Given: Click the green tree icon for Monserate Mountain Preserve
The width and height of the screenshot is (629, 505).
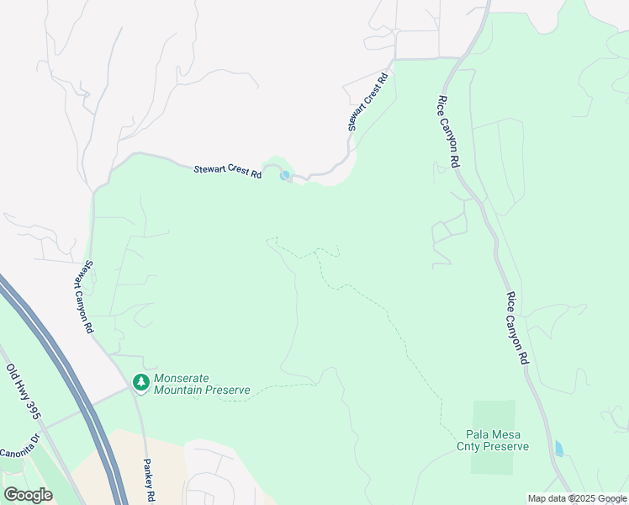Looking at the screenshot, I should (x=140, y=384).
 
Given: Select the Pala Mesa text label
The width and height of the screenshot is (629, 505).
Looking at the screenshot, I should (x=493, y=434).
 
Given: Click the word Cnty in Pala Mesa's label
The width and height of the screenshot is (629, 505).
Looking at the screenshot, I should (x=469, y=446).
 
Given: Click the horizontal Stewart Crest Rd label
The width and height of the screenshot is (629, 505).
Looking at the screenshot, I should (x=227, y=171).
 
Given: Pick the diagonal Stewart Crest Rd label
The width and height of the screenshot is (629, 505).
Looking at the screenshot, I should (x=368, y=102).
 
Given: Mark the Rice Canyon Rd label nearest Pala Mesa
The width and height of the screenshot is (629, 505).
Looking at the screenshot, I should (x=517, y=328).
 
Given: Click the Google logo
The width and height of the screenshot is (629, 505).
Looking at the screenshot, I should (x=28, y=494).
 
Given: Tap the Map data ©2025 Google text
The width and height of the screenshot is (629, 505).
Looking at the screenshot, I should (x=577, y=498).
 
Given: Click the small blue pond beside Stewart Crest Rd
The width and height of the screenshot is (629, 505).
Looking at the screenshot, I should (x=285, y=175).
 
